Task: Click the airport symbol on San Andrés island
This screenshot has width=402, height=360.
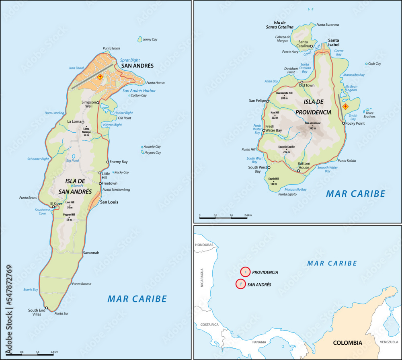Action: click(x=100, y=76)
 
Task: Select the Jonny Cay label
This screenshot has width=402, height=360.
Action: click(x=150, y=39)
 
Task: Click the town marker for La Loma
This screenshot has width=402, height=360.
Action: click(x=83, y=122)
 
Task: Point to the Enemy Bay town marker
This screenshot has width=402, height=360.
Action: click(x=108, y=162)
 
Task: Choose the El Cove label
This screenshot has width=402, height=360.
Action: click(x=56, y=203)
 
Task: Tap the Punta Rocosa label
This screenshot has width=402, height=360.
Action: click(x=82, y=284)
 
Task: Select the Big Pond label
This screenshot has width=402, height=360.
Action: click(x=72, y=160)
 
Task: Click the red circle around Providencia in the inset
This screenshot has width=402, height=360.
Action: click(x=246, y=272)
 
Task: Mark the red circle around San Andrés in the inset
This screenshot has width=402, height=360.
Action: click(x=240, y=284)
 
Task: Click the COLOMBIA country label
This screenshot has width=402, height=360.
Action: click(x=347, y=343)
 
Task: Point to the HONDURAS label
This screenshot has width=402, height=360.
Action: click(x=203, y=245)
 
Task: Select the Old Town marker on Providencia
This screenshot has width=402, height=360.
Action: click(x=302, y=82)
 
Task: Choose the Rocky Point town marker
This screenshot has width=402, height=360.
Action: click(x=344, y=123)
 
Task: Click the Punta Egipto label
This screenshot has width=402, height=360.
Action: click(x=287, y=194)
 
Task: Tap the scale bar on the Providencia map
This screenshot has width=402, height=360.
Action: click(x=223, y=218)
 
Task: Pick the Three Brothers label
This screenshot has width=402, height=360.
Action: click(x=369, y=115)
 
